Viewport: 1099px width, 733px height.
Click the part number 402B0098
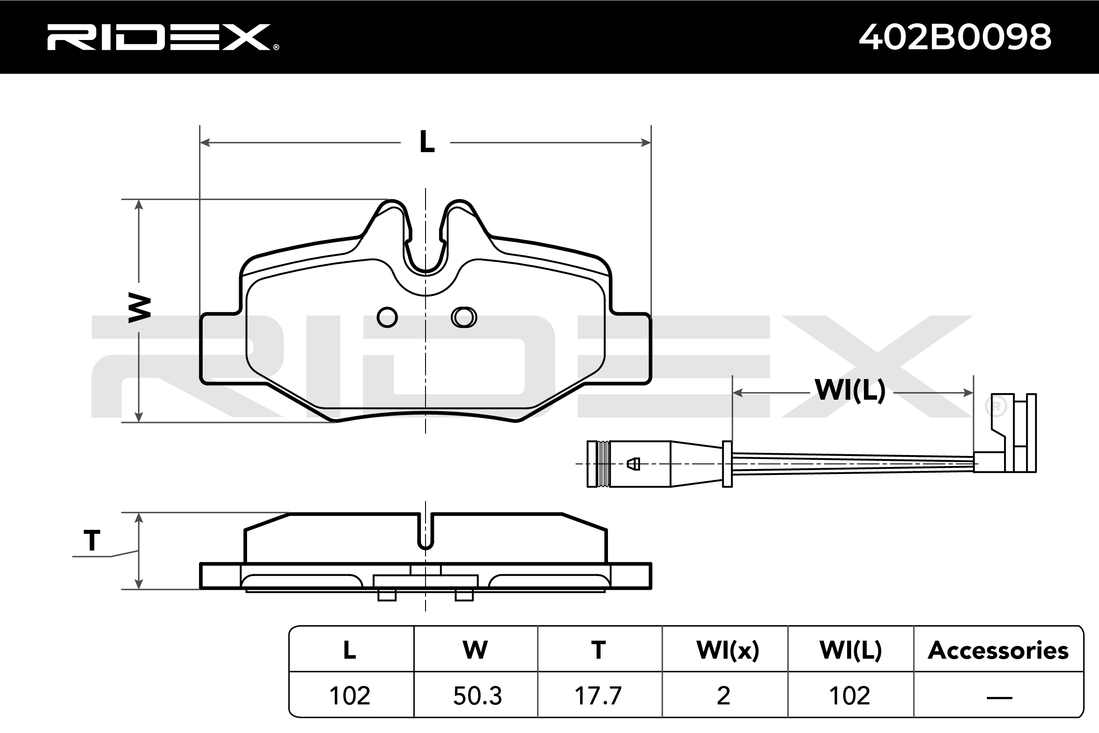click(x=955, y=37)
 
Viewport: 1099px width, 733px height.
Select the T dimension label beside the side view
click(x=92, y=541)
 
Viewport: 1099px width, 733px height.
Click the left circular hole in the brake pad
click(x=387, y=317)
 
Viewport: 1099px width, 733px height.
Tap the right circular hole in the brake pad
click(x=463, y=317)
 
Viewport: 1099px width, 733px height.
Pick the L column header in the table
click(x=349, y=650)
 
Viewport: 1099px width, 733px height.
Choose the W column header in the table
click(x=475, y=650)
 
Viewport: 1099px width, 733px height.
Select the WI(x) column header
click(x=728, y=650)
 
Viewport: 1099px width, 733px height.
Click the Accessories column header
click(x=998, y=650)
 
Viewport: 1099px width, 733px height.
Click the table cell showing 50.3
click(x=477, y=696)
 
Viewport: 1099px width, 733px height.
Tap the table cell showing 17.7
click(x=598, y=696)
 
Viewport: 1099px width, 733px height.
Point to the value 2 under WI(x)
click(x=723, y=696)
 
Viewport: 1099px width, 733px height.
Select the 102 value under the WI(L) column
click(x=849, y=696)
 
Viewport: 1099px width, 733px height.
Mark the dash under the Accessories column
click(x=999, y=697)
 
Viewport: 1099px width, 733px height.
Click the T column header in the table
click(x=598, y=650)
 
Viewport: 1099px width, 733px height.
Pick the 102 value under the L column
click(x=349, y=696)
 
